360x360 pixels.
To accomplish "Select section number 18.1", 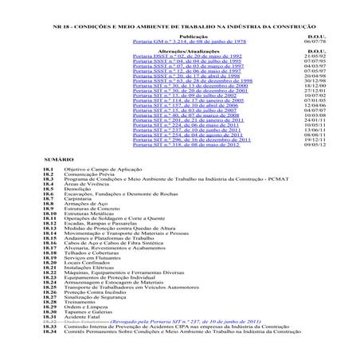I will click(x=49, y=193).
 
